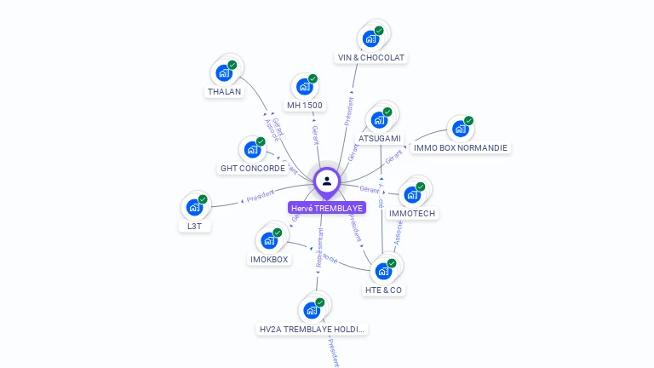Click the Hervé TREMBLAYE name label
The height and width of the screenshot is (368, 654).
(327, 208)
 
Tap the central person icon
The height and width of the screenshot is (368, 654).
(327, 181)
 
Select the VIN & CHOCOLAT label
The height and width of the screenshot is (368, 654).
(371, 58)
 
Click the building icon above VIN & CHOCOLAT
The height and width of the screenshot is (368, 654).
(370, 38)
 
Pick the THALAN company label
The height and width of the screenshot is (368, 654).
(224, 91)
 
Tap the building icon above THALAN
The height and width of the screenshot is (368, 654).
(224, 72)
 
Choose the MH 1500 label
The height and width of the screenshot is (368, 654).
(305, 105)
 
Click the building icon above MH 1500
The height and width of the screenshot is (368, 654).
(305, 86)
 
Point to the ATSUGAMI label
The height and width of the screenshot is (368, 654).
(380, 138)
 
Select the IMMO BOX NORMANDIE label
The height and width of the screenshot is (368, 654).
(461, 147)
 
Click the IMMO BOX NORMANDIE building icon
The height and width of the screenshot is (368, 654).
(461, 129)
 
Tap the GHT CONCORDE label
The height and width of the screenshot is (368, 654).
(253, 169)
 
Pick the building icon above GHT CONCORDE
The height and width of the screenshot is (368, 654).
(252, 150)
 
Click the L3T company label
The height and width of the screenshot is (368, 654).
(195, 227)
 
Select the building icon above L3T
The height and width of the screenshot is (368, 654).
(195, 207)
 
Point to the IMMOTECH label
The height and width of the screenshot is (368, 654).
(412, 213)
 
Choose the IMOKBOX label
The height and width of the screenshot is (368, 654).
(269, 259)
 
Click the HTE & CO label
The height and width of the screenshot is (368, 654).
(384, 290)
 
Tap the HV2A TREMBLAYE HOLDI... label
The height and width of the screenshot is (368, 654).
(313, 329)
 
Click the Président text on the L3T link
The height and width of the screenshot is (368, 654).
(260, 198)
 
